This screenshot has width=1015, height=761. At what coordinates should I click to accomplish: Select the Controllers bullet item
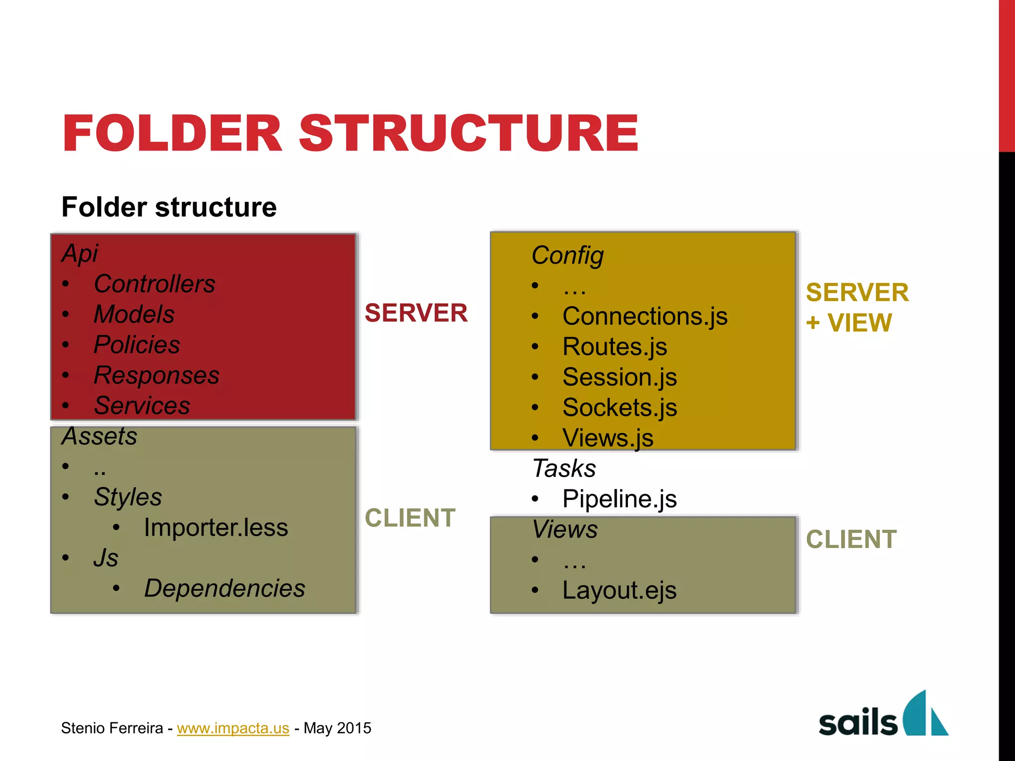(154, 284)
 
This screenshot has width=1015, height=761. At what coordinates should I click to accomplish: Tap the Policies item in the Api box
(137, 345)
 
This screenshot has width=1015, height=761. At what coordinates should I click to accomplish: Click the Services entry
(142, 406)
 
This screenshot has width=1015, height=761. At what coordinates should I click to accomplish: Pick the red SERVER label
(416, 313)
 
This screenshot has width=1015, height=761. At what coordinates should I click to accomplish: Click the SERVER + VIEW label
(857, 308)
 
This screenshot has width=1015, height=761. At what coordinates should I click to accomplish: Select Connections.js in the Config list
(645, 316)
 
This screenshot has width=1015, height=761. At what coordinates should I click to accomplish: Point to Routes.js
(615, 347)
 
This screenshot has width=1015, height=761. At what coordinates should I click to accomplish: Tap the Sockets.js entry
(620, 408)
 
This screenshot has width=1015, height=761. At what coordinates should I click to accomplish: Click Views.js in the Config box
(608, 438)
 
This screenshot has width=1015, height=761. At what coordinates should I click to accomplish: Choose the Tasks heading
(564, 468)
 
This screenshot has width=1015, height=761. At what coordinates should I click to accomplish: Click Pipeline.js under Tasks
(620, 499)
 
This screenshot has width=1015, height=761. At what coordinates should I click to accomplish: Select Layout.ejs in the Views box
(620, 591)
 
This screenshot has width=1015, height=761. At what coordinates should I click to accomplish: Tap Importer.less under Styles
(216, 528)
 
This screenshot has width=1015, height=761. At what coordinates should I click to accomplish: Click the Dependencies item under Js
(225, 589)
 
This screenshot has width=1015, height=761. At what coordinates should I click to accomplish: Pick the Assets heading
(99, 436)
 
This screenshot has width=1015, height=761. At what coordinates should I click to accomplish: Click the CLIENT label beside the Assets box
(410, 518)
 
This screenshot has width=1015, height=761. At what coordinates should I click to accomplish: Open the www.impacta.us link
(233, 728)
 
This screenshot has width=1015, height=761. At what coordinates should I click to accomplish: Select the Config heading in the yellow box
(567, 256)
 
